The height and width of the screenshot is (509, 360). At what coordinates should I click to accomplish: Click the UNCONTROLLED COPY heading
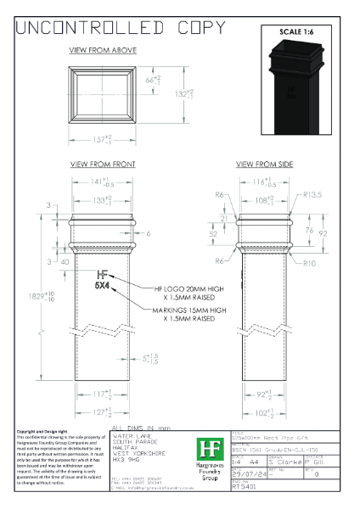(x=110, y=27)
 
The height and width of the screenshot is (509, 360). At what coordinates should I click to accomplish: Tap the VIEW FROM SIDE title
(x=266, y=163)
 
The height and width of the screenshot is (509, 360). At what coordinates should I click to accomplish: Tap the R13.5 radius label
(x=314, y=194)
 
